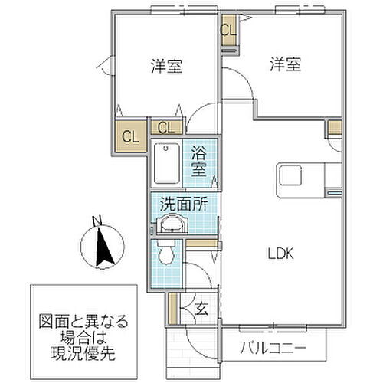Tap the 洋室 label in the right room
coord(283,66)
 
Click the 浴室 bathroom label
coord(199,162)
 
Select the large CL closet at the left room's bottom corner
coord(130,138)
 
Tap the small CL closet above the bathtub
coord(166,127)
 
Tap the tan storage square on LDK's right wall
coord(334,127)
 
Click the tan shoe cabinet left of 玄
coord(173,309)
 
